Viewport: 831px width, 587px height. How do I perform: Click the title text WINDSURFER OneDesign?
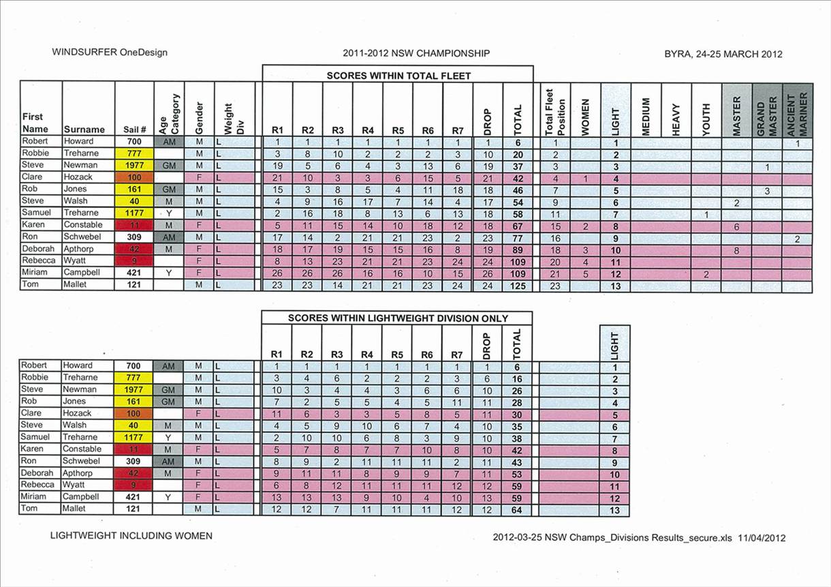coord(109,52)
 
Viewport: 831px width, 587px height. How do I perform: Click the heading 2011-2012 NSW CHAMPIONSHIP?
coord(416,53)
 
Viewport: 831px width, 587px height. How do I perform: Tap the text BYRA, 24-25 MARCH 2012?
coord(723,55)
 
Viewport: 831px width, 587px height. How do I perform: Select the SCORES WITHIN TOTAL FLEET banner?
coord(398,76)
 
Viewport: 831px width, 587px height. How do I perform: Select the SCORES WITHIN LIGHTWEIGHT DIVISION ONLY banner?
coord(397,318)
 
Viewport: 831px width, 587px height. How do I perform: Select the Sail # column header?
coord(134,130)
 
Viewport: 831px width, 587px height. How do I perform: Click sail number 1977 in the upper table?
coord(134,166)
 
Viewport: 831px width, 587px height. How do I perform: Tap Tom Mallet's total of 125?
coord(518,286)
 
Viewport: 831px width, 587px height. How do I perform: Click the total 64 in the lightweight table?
coord(516,510)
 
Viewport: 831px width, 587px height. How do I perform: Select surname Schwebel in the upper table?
coord(83,237)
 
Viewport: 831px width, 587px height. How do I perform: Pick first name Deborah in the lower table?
coord(36,473)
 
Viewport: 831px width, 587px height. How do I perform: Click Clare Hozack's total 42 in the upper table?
coord(518,177)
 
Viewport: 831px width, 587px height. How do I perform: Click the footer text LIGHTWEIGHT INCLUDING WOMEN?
coord(131,536)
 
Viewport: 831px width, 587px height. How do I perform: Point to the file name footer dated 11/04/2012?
coord(638,537)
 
